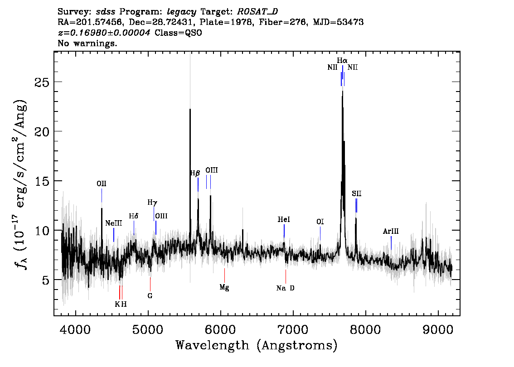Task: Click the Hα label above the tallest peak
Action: pyautogui.click(x=342, y=61)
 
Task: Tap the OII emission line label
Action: pyautogui.click(x=102, y=184)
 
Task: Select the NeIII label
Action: pyautogui.click(x=114, y=223)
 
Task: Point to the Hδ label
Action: pyautogui.click(x=133, y=216)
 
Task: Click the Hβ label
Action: pyautogui.click(x=195, y=173)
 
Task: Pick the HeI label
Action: pyautogui.click(x=284, y=220)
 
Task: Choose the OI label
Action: pyautogui.click(x=320, y=222)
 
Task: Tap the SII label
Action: pyautogui.click(x=357, y=193)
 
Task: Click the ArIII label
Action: pyautogui.click(x=391, y=232)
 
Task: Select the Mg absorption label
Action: pyautogui.click(x=224, y=287)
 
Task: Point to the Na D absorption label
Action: pyautogui.click(x=286, y=288)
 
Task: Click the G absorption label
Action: pyautogui.click(x=150, y=296)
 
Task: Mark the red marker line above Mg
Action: pyautogui.click(x=224, y=275)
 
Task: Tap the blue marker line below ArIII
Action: pyautogui.click(x=391, y=243)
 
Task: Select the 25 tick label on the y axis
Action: pyautogui.click(x=41, y=82)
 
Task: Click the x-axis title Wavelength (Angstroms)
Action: pyautogui.click(x=257, y=345)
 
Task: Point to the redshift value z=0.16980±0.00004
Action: pyautogui.click(x=104, y=33)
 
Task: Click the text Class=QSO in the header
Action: pyautogui.click(x=178, y=33)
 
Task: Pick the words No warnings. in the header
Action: pyautogui.click(x=87, y=43)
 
